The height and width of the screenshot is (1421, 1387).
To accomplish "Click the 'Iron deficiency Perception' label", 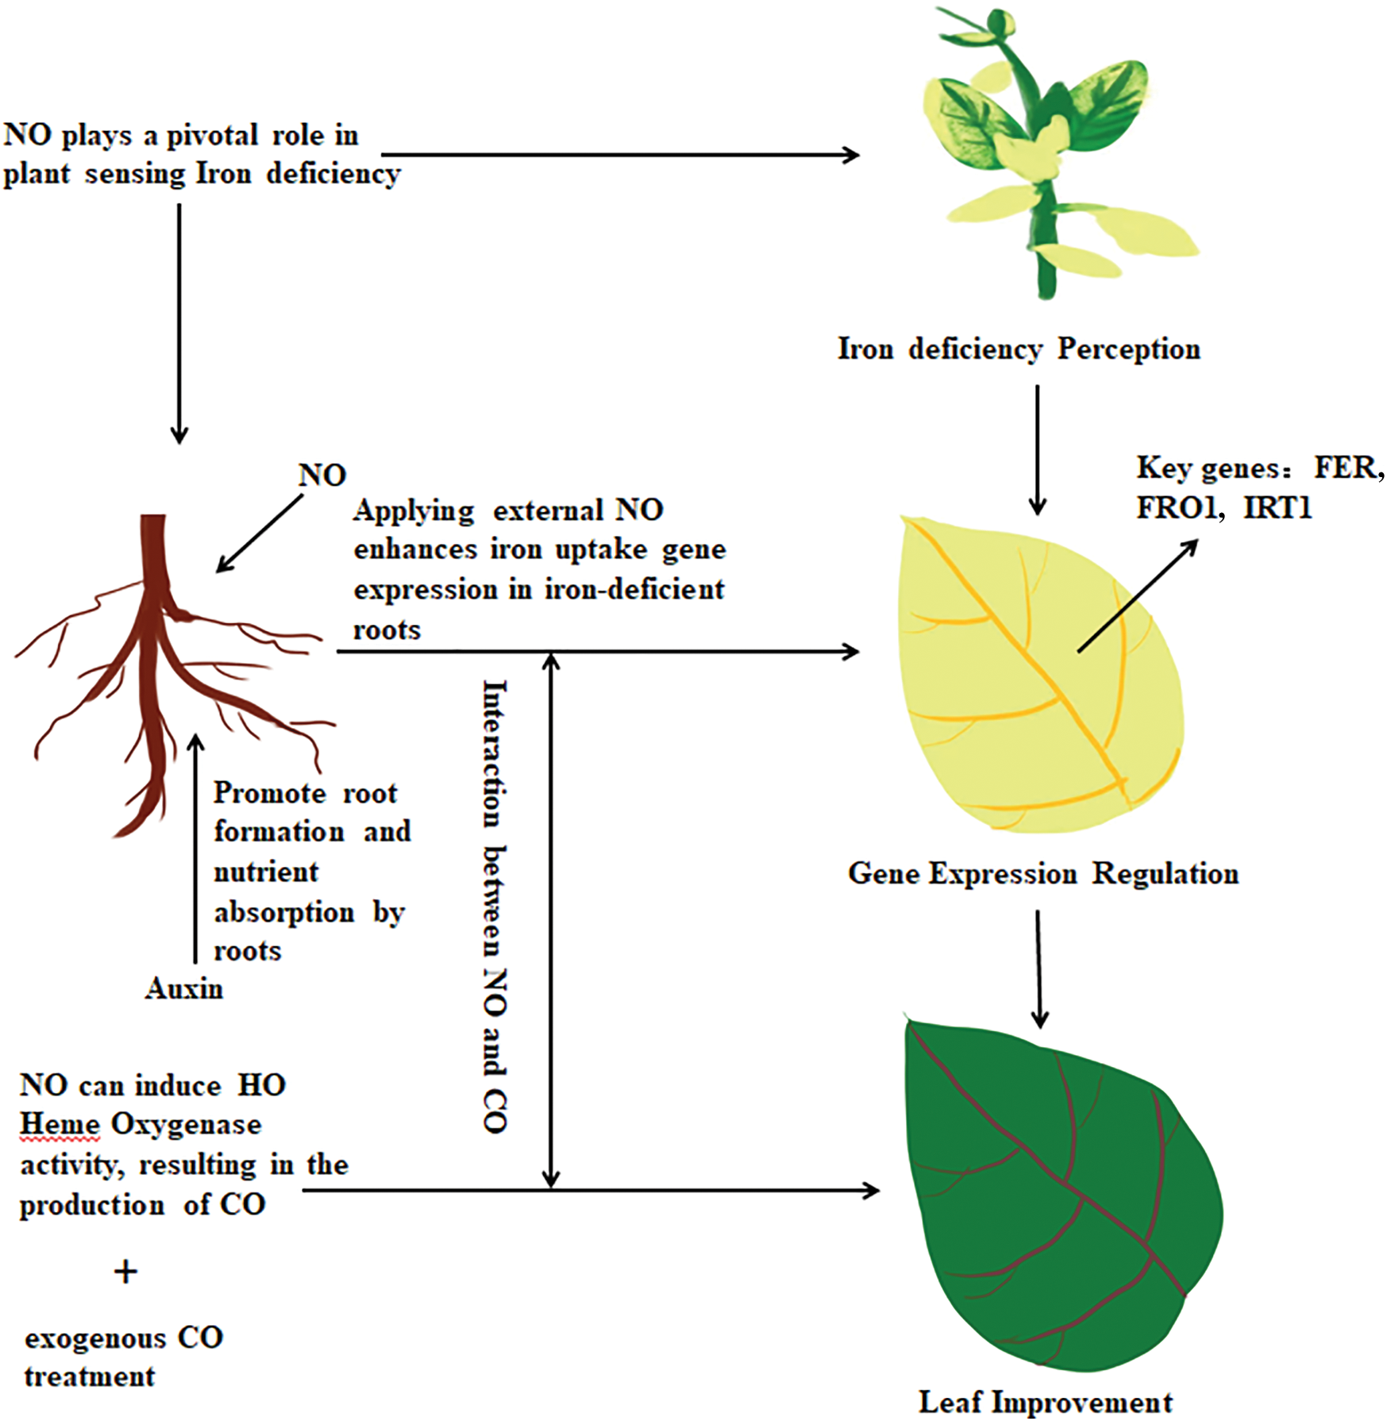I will click(x=1019, y=349).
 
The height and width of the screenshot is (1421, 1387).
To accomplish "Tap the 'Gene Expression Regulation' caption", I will click(x=1042, y=874).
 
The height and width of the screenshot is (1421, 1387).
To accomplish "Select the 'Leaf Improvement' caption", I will click(x=1045, y=1403).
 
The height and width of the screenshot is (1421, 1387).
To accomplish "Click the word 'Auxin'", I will click(x=184, y=989).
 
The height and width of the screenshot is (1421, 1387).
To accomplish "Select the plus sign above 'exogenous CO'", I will click(x=125, y=1272).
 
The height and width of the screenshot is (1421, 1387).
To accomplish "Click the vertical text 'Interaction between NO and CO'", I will click(x=495, y=905).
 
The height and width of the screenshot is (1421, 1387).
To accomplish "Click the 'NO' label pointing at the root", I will click(x=322, y=476).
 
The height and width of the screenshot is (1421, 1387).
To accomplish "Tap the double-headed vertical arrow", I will click(x=551, y=921).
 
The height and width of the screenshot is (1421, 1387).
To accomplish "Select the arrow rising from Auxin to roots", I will click(x=196, y=849).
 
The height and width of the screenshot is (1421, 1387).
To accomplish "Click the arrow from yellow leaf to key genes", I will click(x=1137, y=596).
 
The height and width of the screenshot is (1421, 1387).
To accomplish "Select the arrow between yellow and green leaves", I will click(x=1039, y=969).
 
